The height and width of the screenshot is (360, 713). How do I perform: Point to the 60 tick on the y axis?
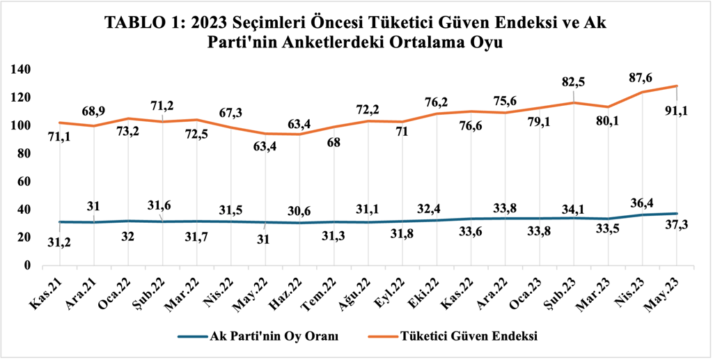point(25,181)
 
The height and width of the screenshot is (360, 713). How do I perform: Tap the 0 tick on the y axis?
point(29,265)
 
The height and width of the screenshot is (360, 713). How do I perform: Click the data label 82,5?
point(574,81)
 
